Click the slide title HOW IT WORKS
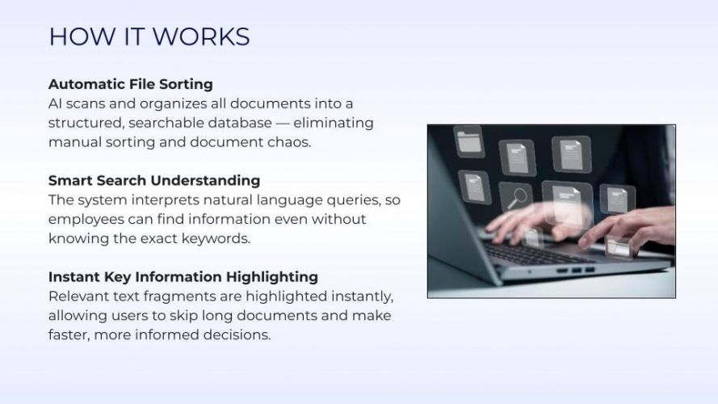149,37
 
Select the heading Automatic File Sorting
130,84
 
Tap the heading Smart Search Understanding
153,180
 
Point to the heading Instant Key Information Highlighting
183,276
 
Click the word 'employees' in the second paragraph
86,219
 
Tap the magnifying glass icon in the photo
515,196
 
